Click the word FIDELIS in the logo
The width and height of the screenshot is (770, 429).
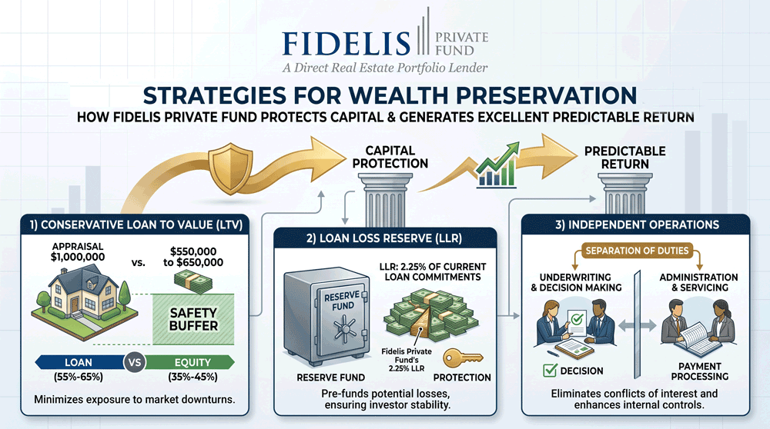coord(346,42)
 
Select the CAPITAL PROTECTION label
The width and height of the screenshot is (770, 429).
coord(390,157)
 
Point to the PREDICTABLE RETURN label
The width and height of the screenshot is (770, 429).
coord(625,158)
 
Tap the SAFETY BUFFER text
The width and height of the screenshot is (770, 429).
coord(193,319)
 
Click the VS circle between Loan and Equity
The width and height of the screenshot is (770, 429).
coord(135,363)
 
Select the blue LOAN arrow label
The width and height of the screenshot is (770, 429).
coord(79,362)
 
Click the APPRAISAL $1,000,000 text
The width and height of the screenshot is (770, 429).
coord(78,251)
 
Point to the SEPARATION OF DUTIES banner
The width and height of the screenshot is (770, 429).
coord(637,251)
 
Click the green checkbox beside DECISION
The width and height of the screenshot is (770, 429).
coord(550,370)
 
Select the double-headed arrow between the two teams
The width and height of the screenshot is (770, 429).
coord(637,325)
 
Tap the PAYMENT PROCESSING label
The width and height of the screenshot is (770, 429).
coord(700,371)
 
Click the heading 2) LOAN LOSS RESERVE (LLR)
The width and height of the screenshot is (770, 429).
coord(384,239)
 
